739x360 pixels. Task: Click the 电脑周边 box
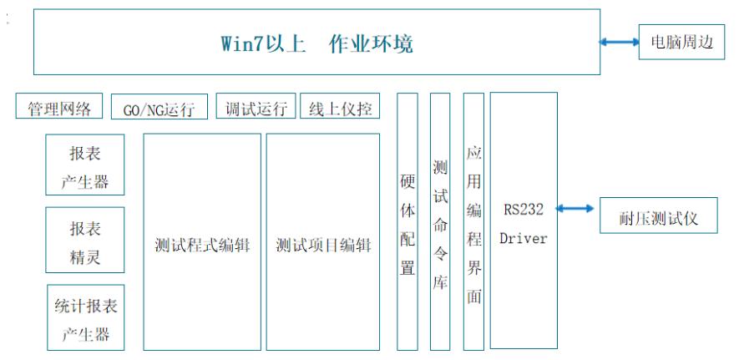(681, 42)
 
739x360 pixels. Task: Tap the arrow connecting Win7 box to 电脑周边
(620, 42)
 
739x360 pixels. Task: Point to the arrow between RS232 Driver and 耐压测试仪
(575, 208)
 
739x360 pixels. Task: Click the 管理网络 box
(59, 105)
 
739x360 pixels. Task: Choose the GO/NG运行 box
(159, 106)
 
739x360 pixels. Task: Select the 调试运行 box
(256, 105)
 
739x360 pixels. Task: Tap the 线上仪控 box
(340, 105)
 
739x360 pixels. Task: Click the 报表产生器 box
(85, 165)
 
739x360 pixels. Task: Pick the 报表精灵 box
(85, 240)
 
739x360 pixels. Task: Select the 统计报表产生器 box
(86, 317)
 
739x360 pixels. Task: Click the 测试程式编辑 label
(202, 246)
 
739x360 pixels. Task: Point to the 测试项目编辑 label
(323, 246)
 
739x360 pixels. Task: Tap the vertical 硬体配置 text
(407, 225)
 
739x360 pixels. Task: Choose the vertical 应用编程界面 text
(473, 225)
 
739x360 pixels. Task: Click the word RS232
(524, 209)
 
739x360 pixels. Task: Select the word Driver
(524, 238)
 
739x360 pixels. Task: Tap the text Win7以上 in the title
(264, 43)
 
